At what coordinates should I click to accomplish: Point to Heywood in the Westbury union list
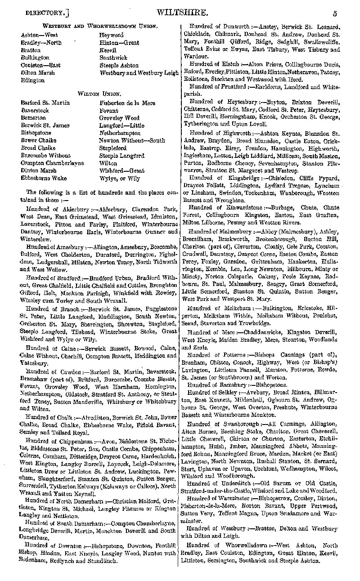111,35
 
